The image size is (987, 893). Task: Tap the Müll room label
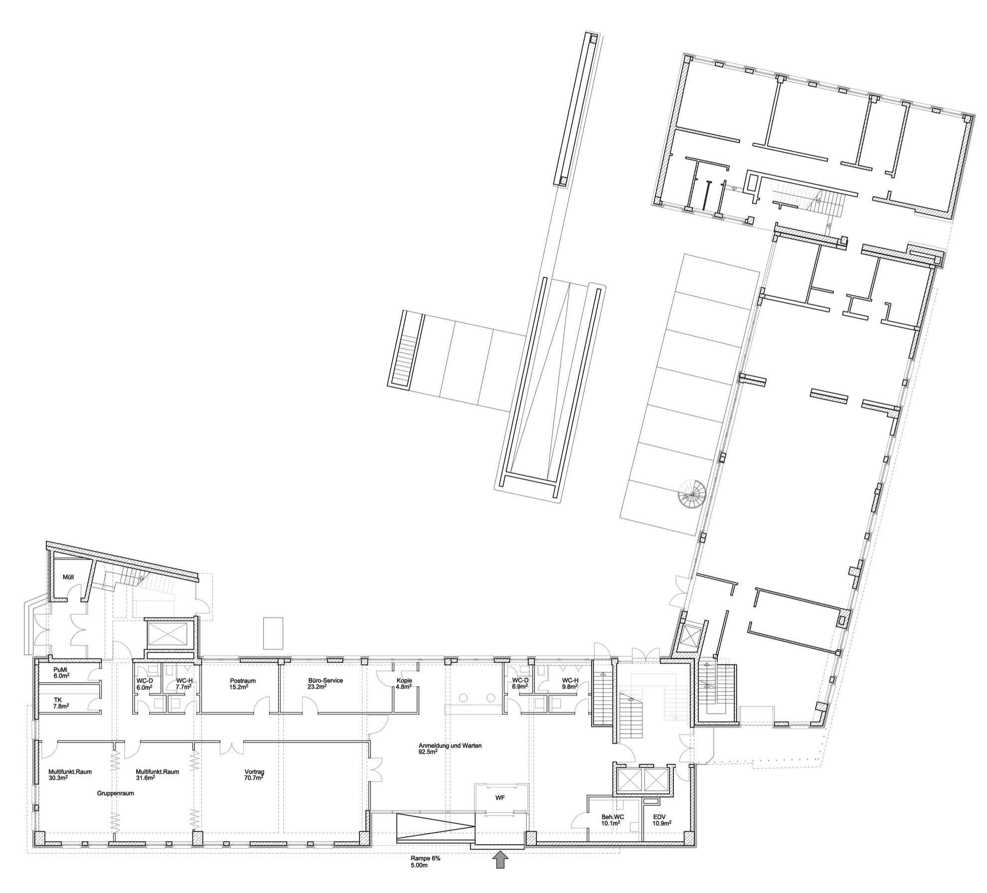tap(68, 577)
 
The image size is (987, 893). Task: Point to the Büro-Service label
tap(325, 683)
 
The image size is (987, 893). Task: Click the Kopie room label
tap(404, 683)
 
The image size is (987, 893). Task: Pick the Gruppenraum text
tap(116, 793)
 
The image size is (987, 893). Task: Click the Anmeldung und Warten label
tap(450, 748)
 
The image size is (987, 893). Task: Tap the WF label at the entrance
tap(500, 798)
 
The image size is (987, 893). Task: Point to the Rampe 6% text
tap(425, 859)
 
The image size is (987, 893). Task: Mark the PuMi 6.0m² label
tap(61, 673)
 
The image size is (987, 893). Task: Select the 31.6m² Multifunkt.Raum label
tap(157, 775)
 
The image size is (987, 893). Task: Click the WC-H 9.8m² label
tap(570, 683)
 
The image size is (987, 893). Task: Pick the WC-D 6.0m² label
tap(144, 683)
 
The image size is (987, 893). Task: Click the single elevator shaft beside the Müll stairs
tap(167, 634)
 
